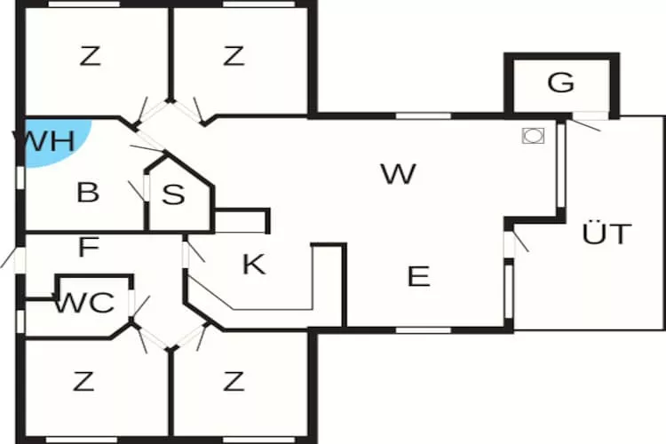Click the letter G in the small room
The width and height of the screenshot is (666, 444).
[x=560, y=83]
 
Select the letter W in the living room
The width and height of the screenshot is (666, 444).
[x=399, y=174]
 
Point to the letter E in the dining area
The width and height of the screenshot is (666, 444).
[x=418, y=276]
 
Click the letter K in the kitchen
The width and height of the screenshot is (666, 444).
[x=254, y=264]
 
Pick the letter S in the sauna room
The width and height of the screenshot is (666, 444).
[x=173, y=194]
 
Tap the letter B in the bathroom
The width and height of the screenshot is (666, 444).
[x=88, y=192]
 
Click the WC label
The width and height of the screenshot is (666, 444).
[x=83, y=303]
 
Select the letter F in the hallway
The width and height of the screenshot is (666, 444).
[x=89, y=247]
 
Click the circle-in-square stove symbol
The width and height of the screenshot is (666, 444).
[x=533, y=136]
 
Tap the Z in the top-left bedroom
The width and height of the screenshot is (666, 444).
[x=91, y=57]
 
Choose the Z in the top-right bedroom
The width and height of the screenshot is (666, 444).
[x=234, y=57]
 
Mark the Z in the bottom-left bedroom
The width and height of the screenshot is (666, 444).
[x=83, y=382]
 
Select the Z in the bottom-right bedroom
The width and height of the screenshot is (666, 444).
[x=234, y=382]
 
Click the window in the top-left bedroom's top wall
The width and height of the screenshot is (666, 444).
[x=84, y=4]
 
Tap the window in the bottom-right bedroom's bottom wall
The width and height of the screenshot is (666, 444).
[x=259, y=440]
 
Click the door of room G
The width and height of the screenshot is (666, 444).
[x=591, y=115]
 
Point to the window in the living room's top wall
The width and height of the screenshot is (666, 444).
[x=423, y=116]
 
